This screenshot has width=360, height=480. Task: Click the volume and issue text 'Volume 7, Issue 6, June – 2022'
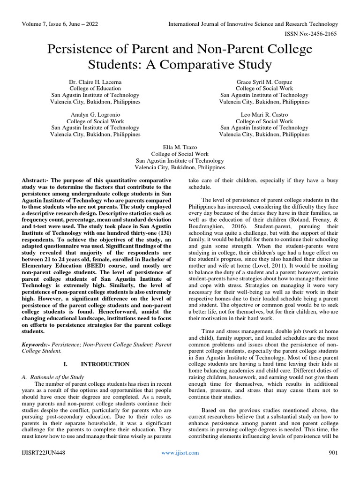click(x=61, y=24)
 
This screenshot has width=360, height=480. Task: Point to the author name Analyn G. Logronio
click(x=95, y=114)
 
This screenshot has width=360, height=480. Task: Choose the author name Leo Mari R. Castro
click(x=264, y=114)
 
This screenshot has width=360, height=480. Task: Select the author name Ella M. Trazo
click(x=180, y=147)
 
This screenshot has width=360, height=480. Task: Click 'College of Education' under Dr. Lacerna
click(x=95, y=88)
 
